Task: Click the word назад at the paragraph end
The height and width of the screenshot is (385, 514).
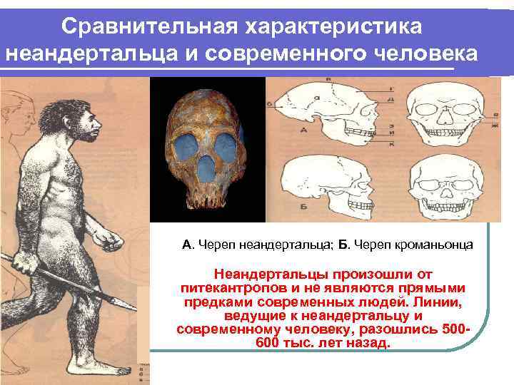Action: [x=372, y=343]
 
